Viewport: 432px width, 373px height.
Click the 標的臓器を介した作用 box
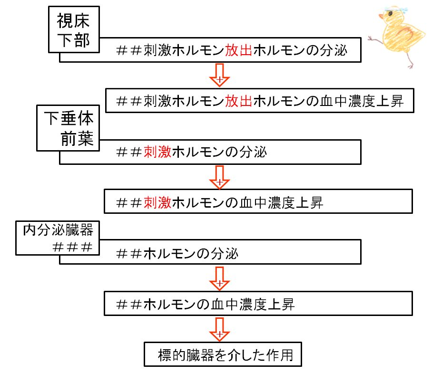click(x=223, y=354)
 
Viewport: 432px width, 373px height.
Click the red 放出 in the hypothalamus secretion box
click(x=238, y=50)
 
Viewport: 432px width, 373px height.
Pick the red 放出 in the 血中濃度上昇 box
click(x=238, y=101)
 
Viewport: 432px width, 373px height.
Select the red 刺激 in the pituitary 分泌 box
click(x=157, y=152)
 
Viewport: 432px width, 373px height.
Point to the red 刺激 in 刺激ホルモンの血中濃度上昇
click(x=157, y=203)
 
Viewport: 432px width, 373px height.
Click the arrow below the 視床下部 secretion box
click(x=220, y=75)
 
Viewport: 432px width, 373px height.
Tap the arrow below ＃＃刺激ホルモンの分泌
click(x=220, y=177)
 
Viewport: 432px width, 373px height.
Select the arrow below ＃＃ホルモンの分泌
click(x=220, y=278)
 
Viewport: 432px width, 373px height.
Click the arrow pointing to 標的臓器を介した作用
click(x=220, y=329)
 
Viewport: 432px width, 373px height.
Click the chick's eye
click(x=390, y=13)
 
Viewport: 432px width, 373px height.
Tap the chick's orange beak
click(x=382, y=17)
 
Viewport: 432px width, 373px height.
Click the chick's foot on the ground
click(x=410, y=66)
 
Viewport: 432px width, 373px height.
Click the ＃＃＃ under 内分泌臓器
click(x=72, y=247)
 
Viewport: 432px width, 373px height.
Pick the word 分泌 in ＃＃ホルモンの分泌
click(x=225, y=253)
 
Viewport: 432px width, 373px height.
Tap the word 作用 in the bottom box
click(x=280, y=355)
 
